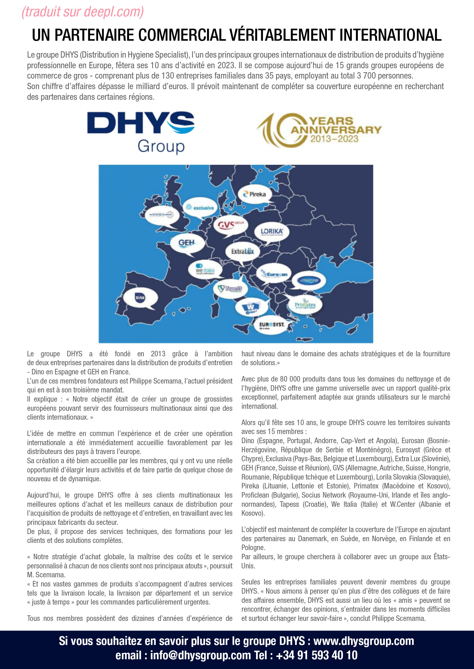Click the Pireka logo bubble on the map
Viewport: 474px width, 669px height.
[255, 194]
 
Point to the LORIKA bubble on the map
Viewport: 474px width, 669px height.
[272, 232]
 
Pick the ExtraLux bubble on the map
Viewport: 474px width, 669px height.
[242, 251]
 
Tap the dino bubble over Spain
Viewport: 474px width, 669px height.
[140, 298]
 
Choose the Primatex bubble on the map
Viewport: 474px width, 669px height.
[305, 305]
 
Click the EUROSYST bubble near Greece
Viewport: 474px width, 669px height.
[272, 324]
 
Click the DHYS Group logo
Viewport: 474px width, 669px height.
[141, 132]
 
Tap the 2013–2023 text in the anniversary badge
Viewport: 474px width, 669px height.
[334, 138]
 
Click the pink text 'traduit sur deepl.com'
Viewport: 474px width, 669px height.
[83, 12]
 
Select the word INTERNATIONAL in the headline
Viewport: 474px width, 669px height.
[390, 35]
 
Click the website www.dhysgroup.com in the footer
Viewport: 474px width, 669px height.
[363, 641]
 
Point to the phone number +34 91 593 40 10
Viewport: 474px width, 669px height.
[317, 655]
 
